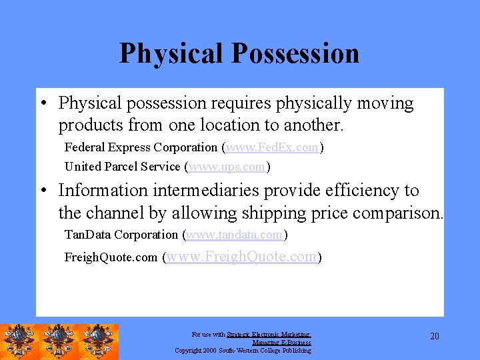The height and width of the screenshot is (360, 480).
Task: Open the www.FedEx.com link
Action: point(272,147)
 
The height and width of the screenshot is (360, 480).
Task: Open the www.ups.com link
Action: point(227,167)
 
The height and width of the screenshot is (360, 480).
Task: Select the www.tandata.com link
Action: point(234,235)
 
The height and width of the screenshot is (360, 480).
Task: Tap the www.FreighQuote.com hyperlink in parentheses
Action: point(242,257)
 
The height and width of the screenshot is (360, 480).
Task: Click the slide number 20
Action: point(435,336)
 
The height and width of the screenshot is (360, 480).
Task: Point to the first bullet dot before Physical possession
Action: point(42,104)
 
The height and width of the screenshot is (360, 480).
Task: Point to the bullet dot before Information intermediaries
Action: point(42,191)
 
